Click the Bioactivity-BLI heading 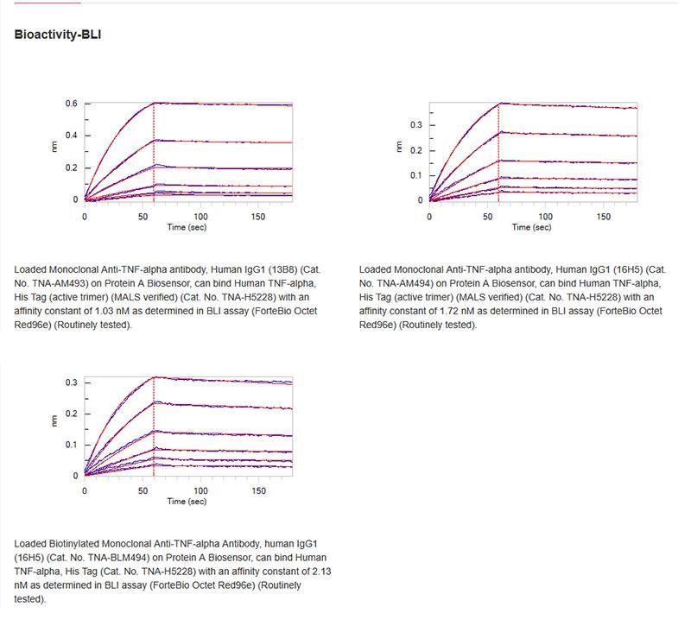59,35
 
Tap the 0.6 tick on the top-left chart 73,104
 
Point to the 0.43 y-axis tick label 70,136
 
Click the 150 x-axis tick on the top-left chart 258,216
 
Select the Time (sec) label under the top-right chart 531,227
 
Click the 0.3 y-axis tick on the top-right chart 416,125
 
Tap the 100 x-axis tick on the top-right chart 546,216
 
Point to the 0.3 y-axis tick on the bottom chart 73,382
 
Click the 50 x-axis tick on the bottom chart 143,490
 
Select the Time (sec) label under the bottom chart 186,502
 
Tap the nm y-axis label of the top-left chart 55,148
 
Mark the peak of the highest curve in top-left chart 154,104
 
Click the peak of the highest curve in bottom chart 154,377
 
